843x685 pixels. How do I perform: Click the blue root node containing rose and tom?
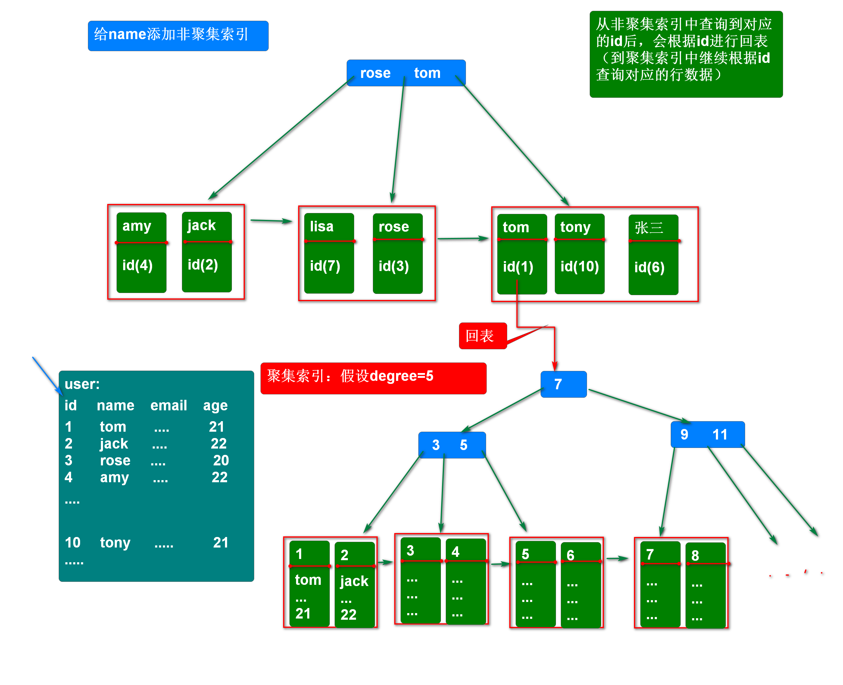click(x=406, y=73)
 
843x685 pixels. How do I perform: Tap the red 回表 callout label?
click(x=482, y=336)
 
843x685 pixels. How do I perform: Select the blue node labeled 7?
click(x=563, y=384)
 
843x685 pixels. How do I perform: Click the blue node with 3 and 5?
click(x=451, y=445)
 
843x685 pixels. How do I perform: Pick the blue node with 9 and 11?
click(x=707, y=434)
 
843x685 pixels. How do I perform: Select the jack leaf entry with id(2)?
click(x=206, y=252)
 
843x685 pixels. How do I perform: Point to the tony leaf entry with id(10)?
click(x=579, y=254)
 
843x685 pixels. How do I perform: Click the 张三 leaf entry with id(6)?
click(x=653, y=255)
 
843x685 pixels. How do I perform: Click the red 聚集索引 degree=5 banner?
click(x=373, y=378)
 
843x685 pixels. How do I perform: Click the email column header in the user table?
click(x=168, y=405)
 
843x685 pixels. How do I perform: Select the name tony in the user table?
click(x=115, y=542)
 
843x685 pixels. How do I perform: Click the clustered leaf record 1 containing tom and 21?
click(x=309, y=584)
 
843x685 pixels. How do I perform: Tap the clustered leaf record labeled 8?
click(x=706, y=585)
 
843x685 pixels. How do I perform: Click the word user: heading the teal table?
click(x=82, y=384)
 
